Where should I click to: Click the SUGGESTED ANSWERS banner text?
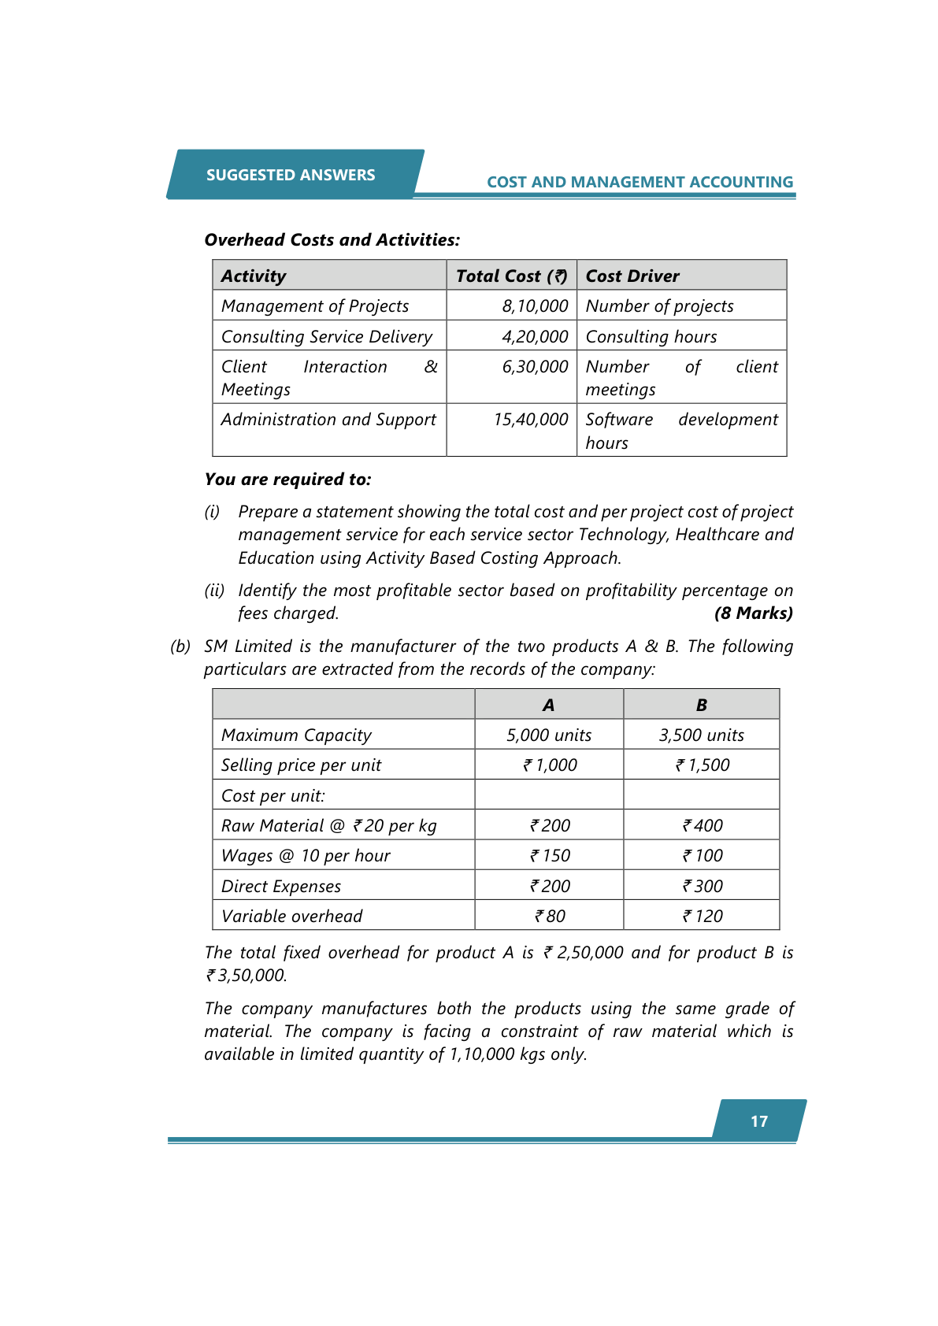pyautogui.click(x=291, y=175)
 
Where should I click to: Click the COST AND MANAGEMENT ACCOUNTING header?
pyautogui.click(x=640, y=182)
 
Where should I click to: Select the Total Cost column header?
pyautogui.click(x=511, y=276)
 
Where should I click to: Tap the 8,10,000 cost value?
pyautogui.click(x=535, y=306)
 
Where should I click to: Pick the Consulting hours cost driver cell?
pyautogui.click(x=651, y=336)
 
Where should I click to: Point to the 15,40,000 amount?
pyautogui.click(x=531, y=419)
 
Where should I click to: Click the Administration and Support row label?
pyautogui.click(x=328, y=419)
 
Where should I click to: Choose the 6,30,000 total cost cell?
pyautogui.click(x=535, y=366)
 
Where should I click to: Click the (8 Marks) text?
pyautogui.click(x=753, y=613)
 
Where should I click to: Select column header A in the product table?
pyautogui.click(x=549, y=705)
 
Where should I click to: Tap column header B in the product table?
pyautogui.click(x=701, y=705)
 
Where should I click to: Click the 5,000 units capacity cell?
pyautogui.click(x=549, y=735)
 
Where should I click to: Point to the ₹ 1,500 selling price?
pyautogui.click(x=702, y=765)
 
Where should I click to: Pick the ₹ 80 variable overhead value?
pyautogui.click(x=550, y=916)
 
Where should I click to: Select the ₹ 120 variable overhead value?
pyautogui.click(x=702, y=916)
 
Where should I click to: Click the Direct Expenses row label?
pyautogui.click(x=281, y=886)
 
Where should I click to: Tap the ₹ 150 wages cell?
pyautogui.click(x=550, y=855)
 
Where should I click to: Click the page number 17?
pyautogui.click(x=759, y=1121)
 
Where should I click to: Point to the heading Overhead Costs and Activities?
pyautogui.click(x=332, y=239)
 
